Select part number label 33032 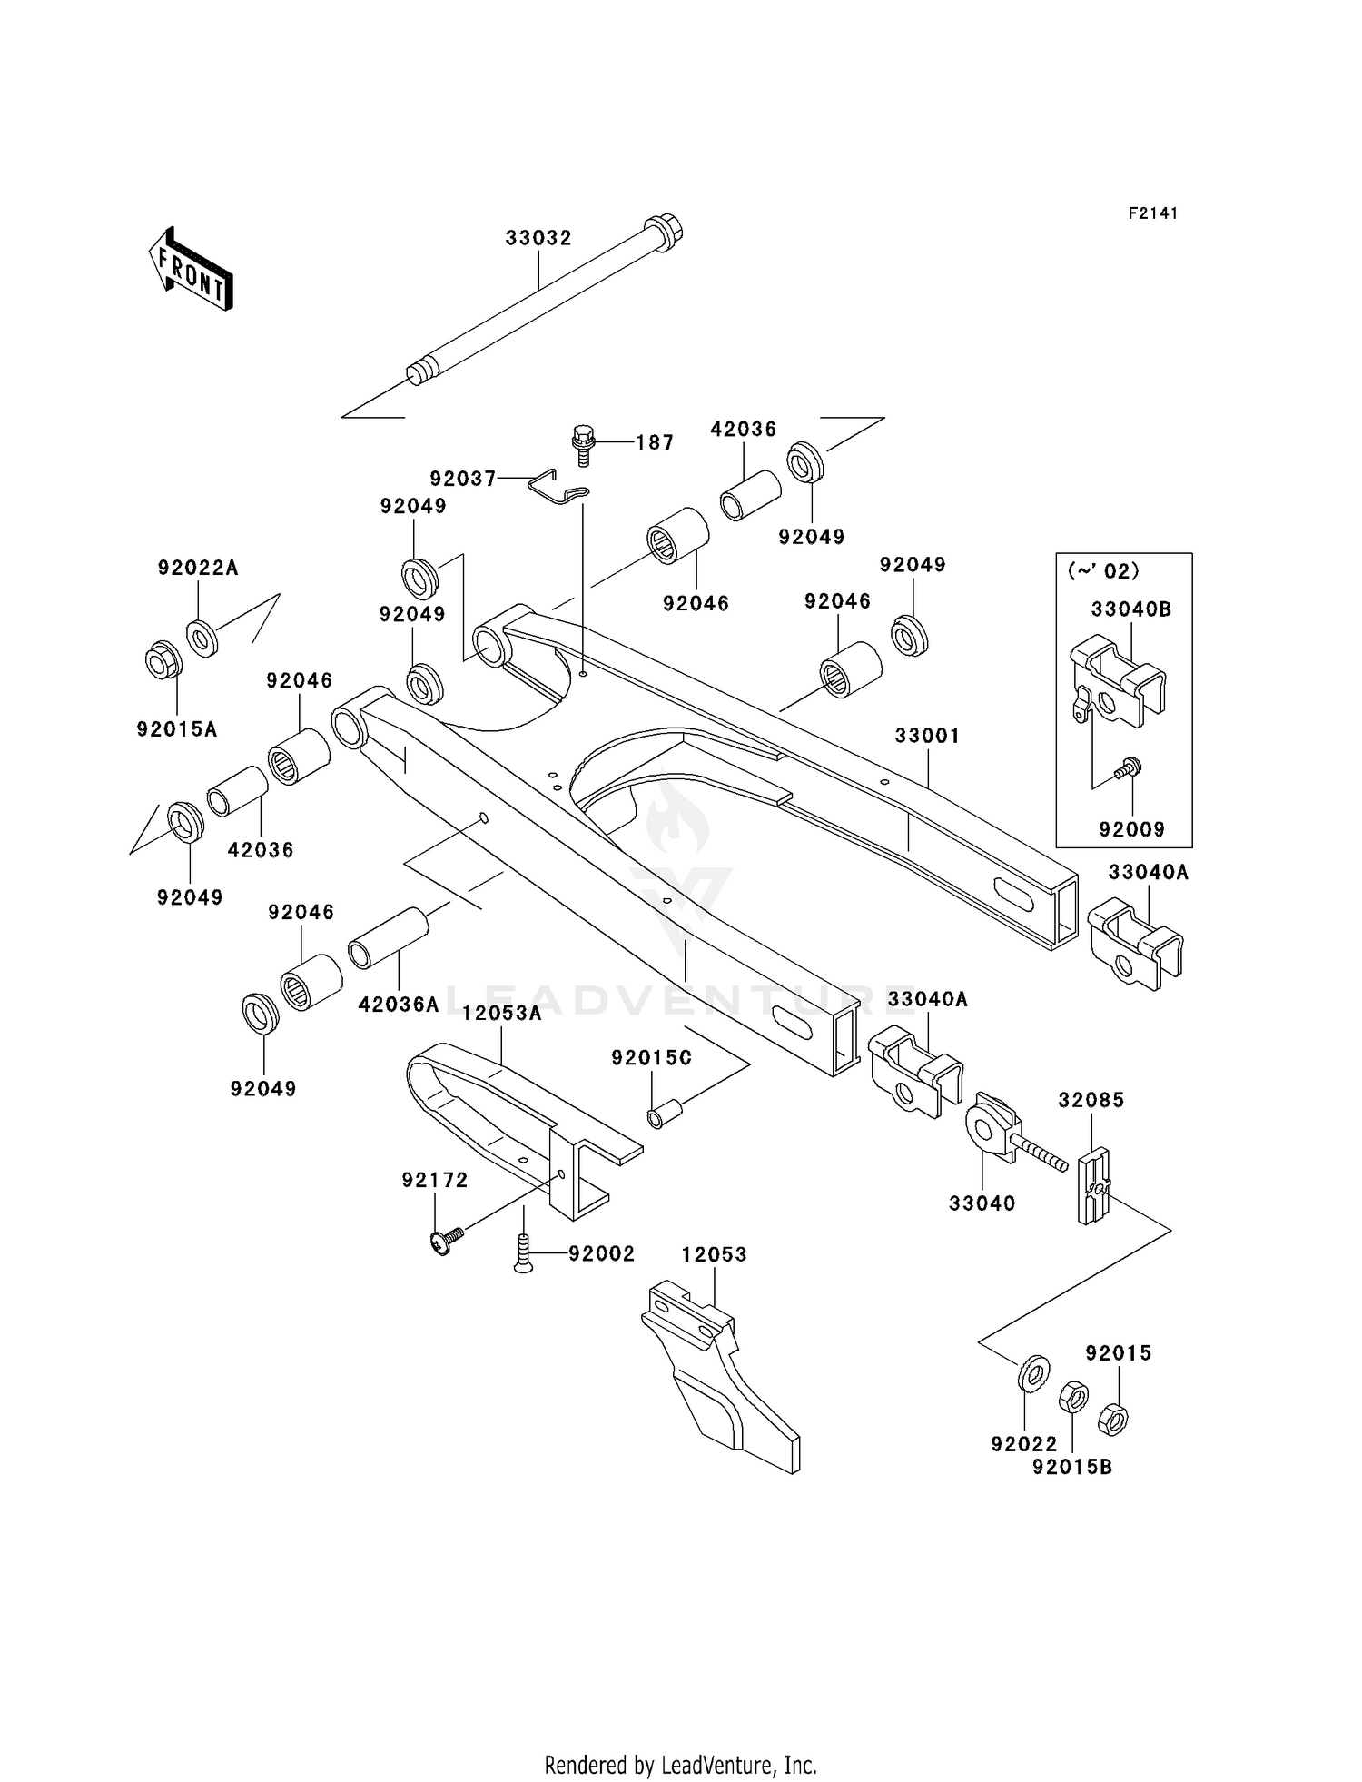538,238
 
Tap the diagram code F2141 1152,213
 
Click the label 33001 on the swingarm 927,736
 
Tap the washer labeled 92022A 202,638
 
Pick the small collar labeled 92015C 657,1114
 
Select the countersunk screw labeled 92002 523,1254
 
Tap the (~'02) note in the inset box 1102,571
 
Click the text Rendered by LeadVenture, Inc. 680,1765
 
